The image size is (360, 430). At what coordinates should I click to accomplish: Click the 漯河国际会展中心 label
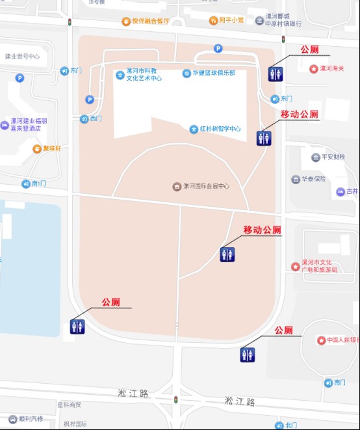tap(206, 187)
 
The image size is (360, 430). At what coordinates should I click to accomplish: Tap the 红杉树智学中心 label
tap(220, 129)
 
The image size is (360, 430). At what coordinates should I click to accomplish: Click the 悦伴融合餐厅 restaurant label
tap(149, 21)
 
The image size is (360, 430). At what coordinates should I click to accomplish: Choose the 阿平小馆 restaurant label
tap(231, 20)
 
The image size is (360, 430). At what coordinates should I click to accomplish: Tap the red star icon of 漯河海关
tap(314, 69)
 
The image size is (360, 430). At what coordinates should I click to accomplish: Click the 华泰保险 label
tap(313, 179)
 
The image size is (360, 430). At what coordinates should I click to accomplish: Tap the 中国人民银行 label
tap(342, 340)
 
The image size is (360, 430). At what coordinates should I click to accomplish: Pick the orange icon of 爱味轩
tap(37, 149)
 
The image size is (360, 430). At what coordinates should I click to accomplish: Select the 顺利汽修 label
tap(29, 418)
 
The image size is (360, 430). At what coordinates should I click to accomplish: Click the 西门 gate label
tap(96, 118)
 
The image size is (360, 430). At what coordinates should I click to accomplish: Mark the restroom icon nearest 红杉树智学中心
tap(264, 137)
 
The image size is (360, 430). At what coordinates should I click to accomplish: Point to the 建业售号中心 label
tap(23, 57)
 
